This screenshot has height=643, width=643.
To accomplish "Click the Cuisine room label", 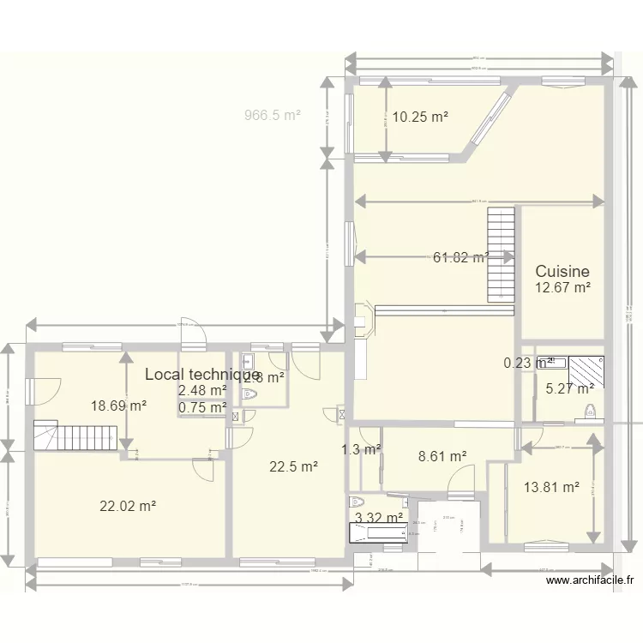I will [x=562, y=272].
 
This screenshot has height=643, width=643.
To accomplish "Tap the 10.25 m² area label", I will [x=420, y=117].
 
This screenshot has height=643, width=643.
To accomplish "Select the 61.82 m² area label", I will [x=461, y=256].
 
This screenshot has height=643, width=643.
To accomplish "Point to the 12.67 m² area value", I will [x=562, y=288].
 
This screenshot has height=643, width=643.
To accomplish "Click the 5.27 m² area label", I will [x=570, y=388].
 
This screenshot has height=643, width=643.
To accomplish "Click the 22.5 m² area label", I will [x=294, y=466].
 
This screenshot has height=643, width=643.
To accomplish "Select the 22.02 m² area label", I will [x=128, y=507].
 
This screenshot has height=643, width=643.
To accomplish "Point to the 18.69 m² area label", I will [x=118, y=406].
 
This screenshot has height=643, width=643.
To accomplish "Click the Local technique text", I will [x=202, y=374].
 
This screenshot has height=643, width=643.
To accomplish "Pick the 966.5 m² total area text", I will [x=273, y=114].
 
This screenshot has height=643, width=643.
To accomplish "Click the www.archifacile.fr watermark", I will [x=590, y=580].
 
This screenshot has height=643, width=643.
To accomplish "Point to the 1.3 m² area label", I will [x=361, y=448].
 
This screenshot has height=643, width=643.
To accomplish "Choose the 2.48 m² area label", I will [x=202, y=391].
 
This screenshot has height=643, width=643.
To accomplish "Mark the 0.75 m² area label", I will [x=202, y=408].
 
